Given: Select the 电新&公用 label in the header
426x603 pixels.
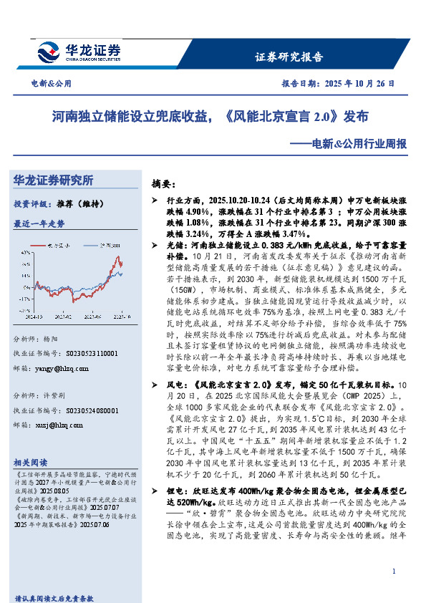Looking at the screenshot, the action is click(51, 84).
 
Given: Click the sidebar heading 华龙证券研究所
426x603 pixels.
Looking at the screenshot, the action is click(54, 180).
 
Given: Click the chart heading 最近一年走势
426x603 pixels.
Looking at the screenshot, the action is click(39, 223).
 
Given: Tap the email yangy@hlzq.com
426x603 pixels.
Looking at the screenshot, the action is click(62, 369).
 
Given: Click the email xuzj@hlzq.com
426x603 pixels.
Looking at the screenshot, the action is click(60, 425).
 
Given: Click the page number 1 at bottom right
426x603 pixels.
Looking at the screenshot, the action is click(394, 570).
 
